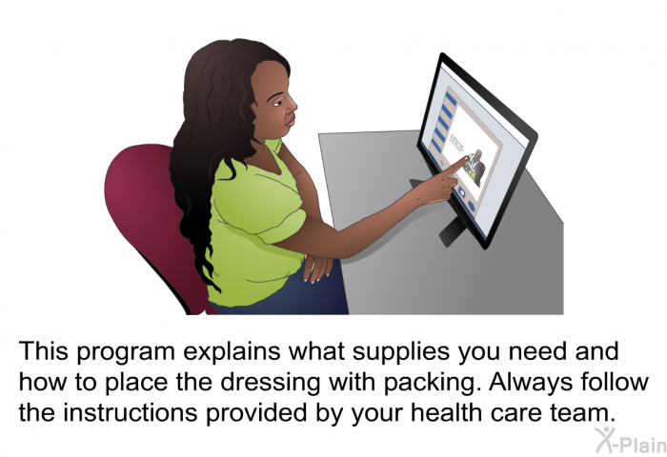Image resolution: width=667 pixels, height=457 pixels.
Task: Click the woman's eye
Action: [278, 102]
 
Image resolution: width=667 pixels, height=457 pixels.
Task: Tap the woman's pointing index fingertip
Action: [467, 159]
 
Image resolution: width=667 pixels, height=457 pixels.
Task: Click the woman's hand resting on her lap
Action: [317, 268]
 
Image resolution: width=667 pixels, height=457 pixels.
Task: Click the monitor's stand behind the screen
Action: [451, 229]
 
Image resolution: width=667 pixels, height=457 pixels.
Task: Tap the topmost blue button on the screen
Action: [450, 99]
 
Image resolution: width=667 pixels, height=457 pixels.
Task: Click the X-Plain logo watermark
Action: [631, 441]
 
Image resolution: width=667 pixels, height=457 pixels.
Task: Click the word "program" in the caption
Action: [126, 353]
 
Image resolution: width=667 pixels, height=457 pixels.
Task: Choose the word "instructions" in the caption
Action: [131, 412]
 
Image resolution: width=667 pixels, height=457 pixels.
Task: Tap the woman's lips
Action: [290, 121]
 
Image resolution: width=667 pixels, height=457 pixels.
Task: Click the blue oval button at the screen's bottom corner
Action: [472, 206]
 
